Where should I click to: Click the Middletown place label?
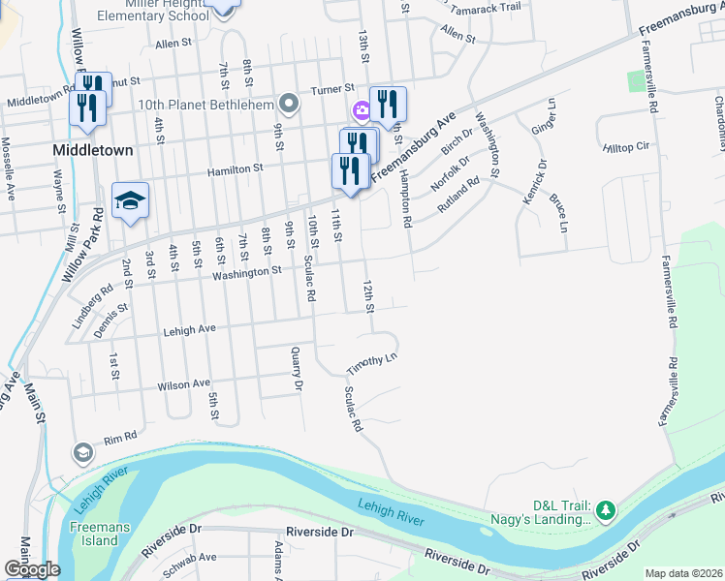pyautogui.click(x=106, y=151)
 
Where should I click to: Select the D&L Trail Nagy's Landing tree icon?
pyautogui.click(x=606, y=508)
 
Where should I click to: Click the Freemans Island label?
pyautogui.click(x=94, y=535)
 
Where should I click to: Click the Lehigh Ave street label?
pyautogui.click(x=193, y=329)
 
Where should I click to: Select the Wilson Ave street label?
pyautogui.click(x=183, y=384)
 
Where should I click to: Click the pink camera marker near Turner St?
pyautogui.click(x=362, y=111)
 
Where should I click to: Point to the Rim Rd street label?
pyautogui.click(x=122, y=437)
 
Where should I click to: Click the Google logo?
pyautogui.click(x=32, y=569)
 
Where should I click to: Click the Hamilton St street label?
pyautogui.click(x=235, y=168)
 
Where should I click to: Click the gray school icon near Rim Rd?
pyautogui.click(x=83, y=452)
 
